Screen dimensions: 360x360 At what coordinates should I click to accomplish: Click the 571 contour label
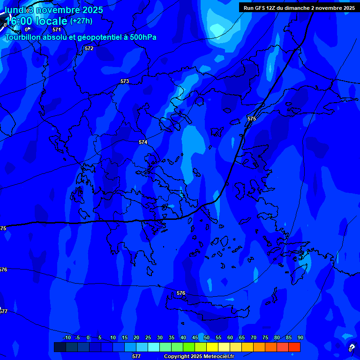[x=57, y=30]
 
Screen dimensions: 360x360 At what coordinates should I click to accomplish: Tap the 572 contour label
[x=89, y=48]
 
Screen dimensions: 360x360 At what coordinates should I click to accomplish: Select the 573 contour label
[x=124, y=81]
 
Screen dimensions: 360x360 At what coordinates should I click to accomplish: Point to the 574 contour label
[x=143, y=142]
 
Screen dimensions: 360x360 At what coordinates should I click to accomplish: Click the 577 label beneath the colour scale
[x=136, y=356]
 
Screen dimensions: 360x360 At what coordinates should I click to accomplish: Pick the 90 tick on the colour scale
[x=300, y=337]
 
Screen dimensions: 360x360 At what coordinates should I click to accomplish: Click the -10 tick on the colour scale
[x=67, y=337]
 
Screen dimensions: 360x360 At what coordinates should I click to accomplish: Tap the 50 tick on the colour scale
[x=207, y=337]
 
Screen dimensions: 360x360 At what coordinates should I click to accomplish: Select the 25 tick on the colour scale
[x=148, y=337]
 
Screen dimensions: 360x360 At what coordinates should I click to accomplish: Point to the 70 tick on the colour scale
[x=254, y=337]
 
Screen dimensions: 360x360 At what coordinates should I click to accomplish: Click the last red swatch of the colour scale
[x=294, y=347]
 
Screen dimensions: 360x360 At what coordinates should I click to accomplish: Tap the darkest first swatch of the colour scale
[x=60, y=347]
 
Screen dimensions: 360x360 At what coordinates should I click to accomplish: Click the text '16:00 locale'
[x=36, y=21]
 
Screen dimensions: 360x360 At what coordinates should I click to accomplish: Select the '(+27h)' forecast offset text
[x=81, y=21]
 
